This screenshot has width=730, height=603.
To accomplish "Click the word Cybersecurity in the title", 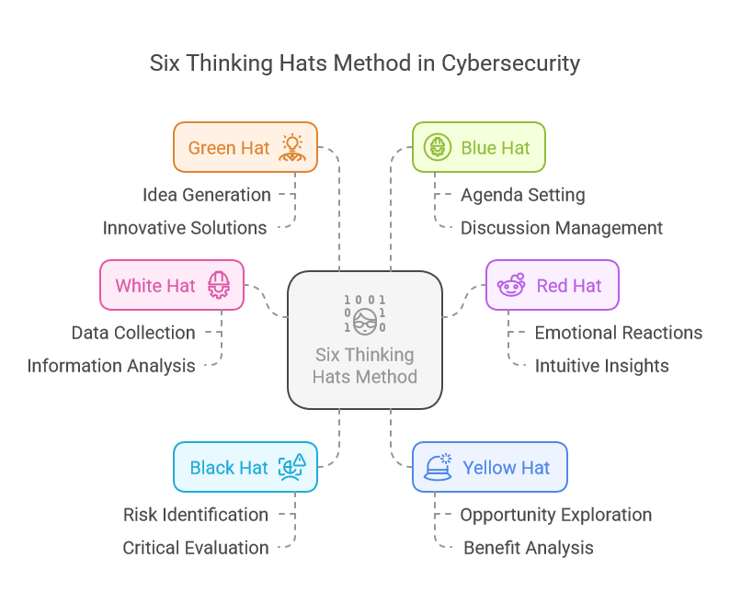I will [x=510, y=63].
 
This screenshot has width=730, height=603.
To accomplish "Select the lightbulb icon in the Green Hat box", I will [x=292, y=147].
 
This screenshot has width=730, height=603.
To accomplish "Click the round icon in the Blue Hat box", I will [x=436, y=147].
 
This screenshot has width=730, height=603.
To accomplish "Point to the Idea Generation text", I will [x=206, y=195].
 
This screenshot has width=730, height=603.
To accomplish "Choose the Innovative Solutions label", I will [x=185, y=228].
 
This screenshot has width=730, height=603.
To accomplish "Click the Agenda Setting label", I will [x=522, y=195].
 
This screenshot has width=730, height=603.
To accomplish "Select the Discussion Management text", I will [x=561, y=228].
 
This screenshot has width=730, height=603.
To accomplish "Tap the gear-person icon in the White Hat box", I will [x=219, y=285].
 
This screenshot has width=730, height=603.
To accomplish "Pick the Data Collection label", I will [x=133, y=333].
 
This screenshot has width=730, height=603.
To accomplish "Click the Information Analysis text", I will [x=111, y=366].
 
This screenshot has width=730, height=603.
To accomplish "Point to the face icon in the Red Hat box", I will [x=510, y=285].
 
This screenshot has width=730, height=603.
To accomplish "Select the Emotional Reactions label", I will [x=619, y=333].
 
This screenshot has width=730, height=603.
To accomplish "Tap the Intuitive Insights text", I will [x=601, y=366].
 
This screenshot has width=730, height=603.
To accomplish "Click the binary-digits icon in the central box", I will [x=365, y=313].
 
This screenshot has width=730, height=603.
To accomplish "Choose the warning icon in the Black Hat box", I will [x=292, y=467].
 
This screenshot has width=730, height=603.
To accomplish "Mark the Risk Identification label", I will [x=196, y=515].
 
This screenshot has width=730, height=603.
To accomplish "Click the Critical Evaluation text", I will [x=196, y=548].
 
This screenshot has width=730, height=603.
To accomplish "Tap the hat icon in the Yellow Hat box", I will [x=438, y=467].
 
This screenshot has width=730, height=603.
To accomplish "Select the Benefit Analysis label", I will [x=528, y=548].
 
